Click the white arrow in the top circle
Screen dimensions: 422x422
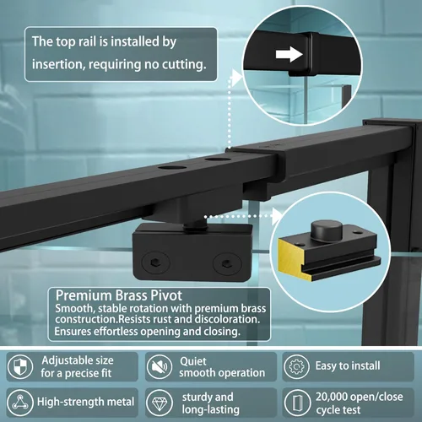pyautogui.click(x=289, y=54)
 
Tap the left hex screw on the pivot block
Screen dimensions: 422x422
pyautogui.click(x=155, y=263)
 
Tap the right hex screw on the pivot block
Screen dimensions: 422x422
pyautogui.click(x=227, y=264)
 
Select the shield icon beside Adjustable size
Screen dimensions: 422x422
pyautogui.click(x=20, y=366)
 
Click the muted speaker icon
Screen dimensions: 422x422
pyautogui.click(x=159, y=366)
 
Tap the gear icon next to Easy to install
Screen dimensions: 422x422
pyautogui.click(x=296, y=366)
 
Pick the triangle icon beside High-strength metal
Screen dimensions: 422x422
pyautogui.click(x=20, y=403)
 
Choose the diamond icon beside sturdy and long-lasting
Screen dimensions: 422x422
pyautogui.click(x=159, y=403)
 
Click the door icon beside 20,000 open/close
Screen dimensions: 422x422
pyautogui.click(x=296, y=403)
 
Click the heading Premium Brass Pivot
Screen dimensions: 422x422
pyautogui.click(x=119, y=295)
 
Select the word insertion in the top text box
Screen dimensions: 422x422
pyautogui.click(x=57, y=64)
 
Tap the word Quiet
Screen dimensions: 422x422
pyautogui.click(x=193, y=361)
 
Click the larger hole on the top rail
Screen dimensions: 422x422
pyautogui.click(x=172, y=168)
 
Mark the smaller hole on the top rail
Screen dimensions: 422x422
pyautogui.click(x=218, y=160)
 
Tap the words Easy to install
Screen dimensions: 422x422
pyautogui.click(x=348, y=365)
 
